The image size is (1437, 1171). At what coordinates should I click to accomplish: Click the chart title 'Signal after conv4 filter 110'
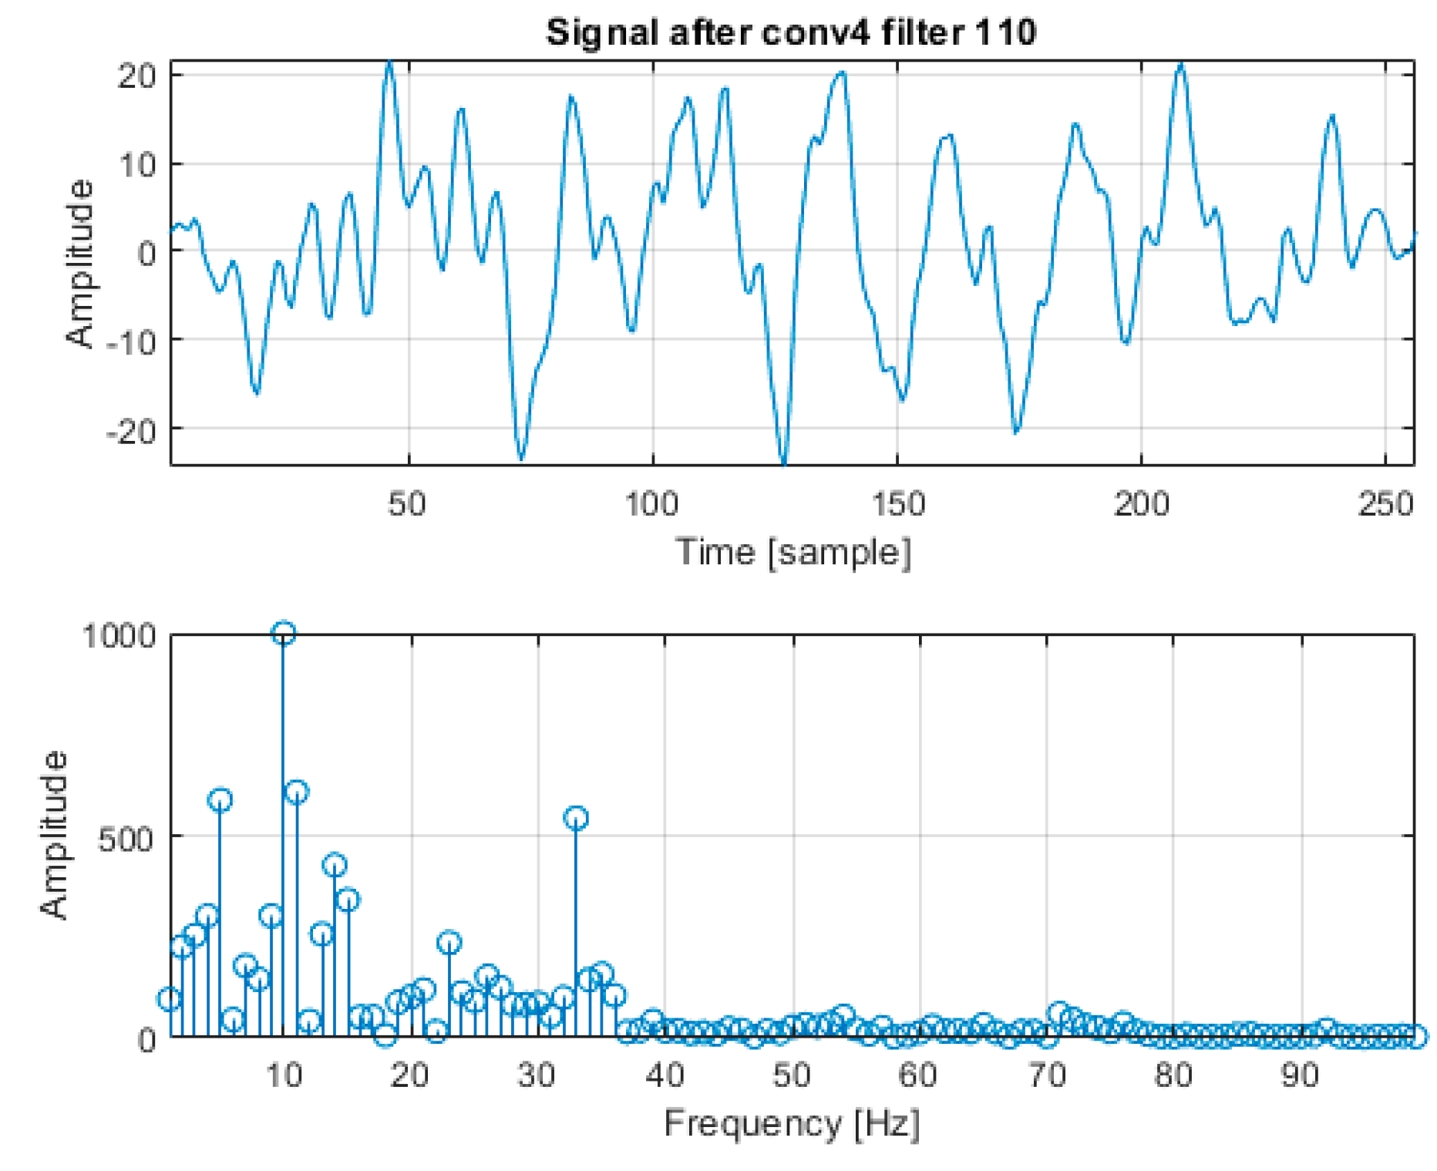point(790,33)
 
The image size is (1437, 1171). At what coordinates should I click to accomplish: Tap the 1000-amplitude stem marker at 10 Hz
point(283,634)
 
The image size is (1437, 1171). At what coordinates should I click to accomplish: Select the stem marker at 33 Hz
point(576,818)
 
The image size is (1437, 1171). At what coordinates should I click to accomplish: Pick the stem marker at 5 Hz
point(220,800)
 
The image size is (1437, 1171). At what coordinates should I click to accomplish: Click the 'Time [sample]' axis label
point(793,553)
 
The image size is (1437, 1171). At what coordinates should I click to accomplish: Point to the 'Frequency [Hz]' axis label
point(792,1123)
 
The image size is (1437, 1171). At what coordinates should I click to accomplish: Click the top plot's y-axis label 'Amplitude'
point(80,264)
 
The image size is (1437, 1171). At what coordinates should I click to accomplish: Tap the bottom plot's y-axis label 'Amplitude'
point(54,835)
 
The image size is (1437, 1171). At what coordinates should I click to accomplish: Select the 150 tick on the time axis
point(897,505)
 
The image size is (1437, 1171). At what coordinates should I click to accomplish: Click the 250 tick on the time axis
point(1385,505)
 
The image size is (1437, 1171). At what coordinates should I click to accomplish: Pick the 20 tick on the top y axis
point(137,76)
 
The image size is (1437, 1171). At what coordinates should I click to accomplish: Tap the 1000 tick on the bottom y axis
point(118,637)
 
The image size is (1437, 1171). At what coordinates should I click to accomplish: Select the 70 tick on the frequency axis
point(1047,1074)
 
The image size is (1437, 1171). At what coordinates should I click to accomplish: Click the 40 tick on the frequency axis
point(665,1074)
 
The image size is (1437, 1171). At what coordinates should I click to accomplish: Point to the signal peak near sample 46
point(389,62)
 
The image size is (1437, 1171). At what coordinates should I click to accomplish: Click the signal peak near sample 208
point(1180,66)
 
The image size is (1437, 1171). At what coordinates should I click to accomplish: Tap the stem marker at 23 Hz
point(449,943)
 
